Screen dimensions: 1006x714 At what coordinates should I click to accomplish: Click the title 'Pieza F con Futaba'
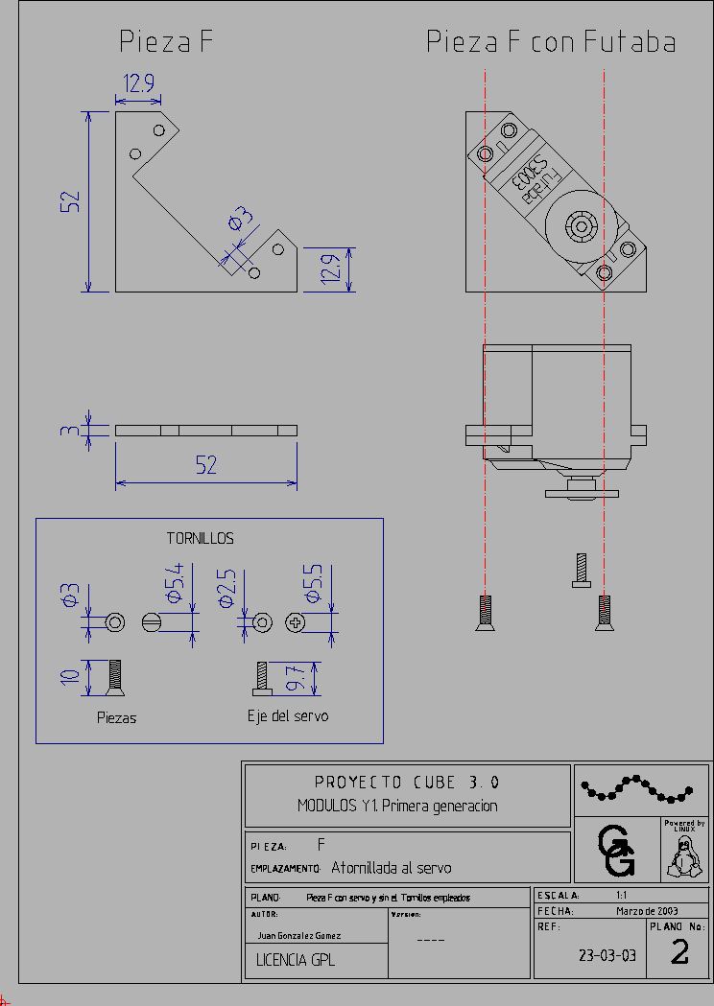coord(551,42)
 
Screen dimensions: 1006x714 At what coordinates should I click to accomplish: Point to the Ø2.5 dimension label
coord(226,588)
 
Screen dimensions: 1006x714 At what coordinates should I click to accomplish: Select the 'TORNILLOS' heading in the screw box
coord(200,539)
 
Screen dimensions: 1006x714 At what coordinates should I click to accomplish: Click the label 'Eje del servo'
coord(287,715)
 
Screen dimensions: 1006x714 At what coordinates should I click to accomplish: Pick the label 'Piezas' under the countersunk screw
coord(116,717)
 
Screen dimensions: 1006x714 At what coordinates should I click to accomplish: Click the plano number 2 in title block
coord(679,952)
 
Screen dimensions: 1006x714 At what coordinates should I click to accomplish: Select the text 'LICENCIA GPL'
coord(296,959)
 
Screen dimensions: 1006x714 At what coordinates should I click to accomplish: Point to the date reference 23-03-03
coord(607,955)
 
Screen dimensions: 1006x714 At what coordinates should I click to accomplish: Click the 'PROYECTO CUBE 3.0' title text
coord(407,782)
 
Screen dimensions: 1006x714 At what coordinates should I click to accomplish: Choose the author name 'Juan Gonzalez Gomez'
coord(299,935)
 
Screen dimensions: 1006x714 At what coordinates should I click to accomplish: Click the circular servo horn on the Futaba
coord(581,225)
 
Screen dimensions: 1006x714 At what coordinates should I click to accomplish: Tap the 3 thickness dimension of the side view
coord(67,431)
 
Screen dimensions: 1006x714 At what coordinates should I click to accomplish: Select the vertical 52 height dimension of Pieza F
coord(70,201)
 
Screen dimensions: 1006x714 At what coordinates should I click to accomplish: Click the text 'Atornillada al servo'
coord(391,868)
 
